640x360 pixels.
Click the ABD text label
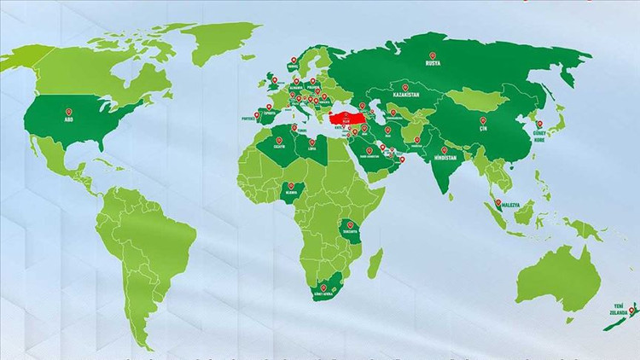pos(69,121)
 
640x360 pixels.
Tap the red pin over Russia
pos(433,57)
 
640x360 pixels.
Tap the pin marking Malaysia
pos(498,203)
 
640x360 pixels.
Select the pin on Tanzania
pos(350,225)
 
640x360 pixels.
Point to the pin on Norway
pos(293,59)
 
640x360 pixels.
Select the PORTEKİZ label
pos(249,120)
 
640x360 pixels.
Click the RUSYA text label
pos(433,63)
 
